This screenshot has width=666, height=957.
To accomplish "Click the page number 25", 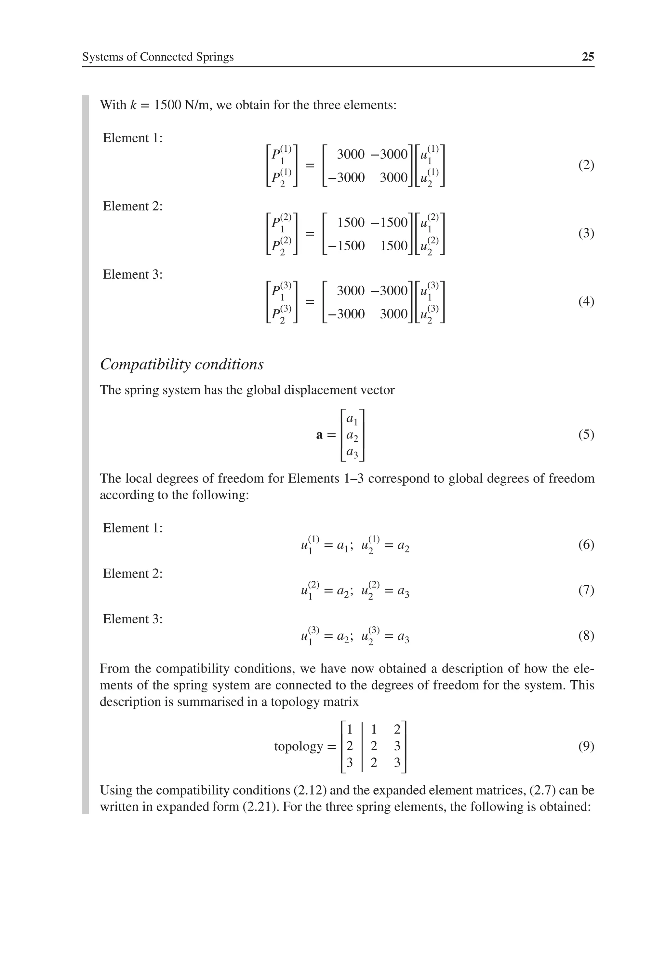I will click(588, 57).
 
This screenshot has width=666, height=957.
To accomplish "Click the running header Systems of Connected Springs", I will click(158, 57).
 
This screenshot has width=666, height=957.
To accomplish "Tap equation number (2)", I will click(586, 165).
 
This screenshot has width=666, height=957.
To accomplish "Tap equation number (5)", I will click(586, 435).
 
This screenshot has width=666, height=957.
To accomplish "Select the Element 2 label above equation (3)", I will click(132, 206).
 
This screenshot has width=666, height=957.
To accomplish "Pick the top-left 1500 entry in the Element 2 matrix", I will click(351, 223).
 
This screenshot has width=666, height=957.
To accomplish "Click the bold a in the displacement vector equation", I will click(319, 435).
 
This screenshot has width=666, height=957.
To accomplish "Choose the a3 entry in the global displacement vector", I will click(352, 452).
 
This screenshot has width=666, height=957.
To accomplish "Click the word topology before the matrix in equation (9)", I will click(298, 746).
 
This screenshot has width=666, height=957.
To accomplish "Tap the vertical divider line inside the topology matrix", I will click(362, 746).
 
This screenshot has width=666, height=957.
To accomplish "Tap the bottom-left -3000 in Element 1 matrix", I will click(347, 177).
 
